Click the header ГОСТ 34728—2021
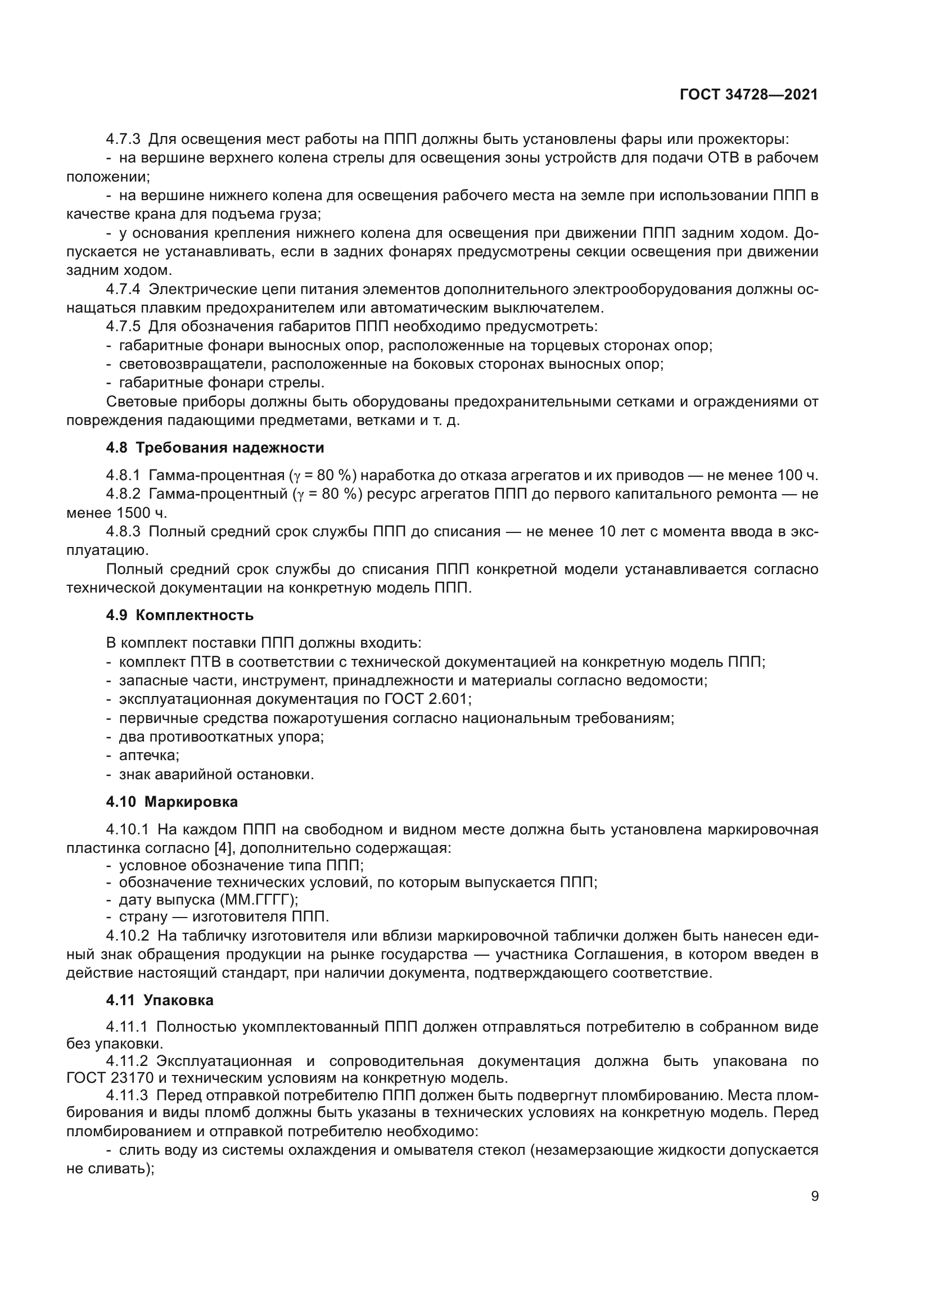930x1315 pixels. [748, 95]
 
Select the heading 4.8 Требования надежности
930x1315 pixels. [215, 448]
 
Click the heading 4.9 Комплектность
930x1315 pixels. [179, 615]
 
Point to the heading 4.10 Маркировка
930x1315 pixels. [171, 802]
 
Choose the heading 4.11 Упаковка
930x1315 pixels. [159, 1001]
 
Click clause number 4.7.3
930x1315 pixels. [123, 139]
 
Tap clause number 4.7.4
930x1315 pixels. [123, 289]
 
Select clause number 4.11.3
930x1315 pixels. [127, 1096]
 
